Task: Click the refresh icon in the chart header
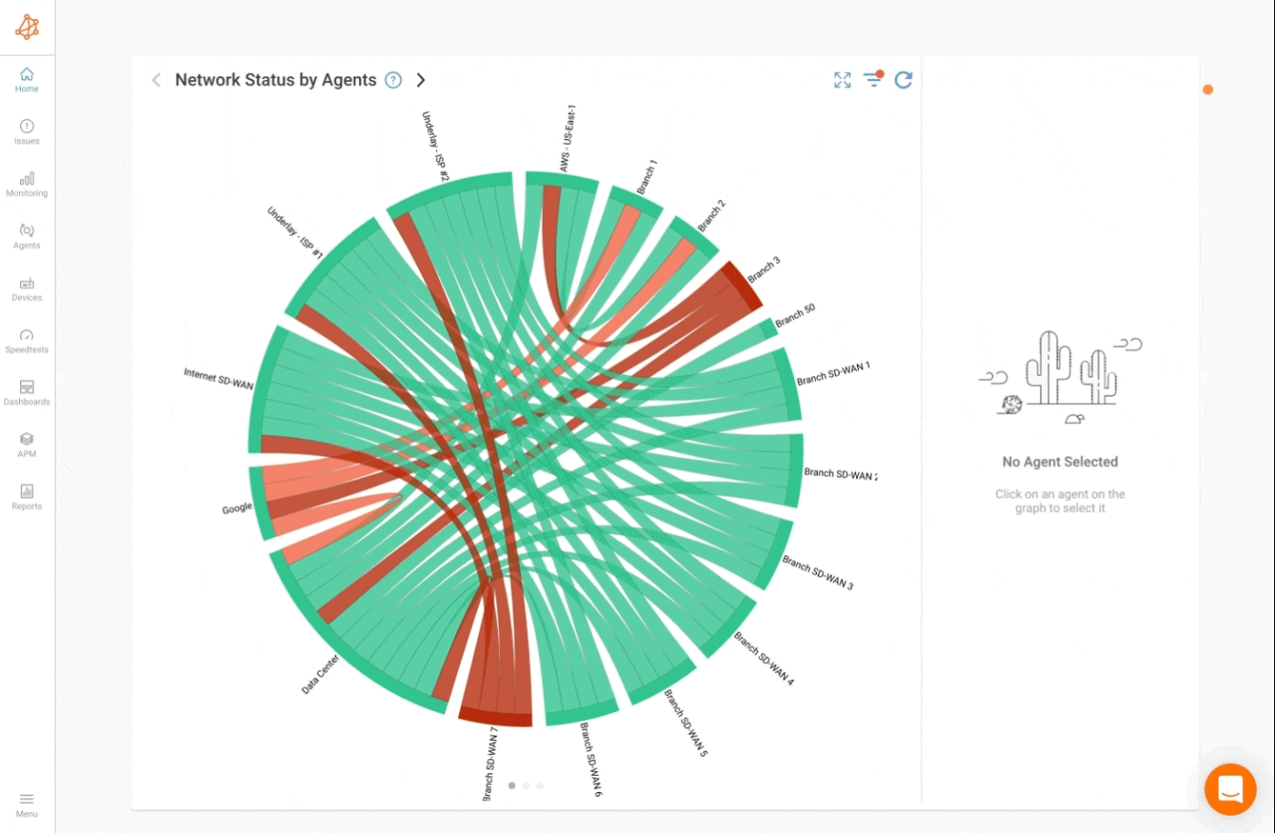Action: pyautogui.click(x=903, y=80)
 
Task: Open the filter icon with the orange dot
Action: pyautogui.click(x=873, y=79)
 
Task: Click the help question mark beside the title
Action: pyautogui.click(x=393, y=80)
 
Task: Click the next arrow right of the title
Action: pyautogui.click(x=421, y=80)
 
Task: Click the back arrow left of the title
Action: pyautogui.click(x=156, y=80)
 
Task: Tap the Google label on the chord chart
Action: pyautogui.click(x=237, y=508)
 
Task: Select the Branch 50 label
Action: pyautogui.click(x=795, y=316)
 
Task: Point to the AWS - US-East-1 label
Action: pyautogui.click(x=566, y=138)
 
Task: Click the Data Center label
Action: pyautogui.click(x=321, y=674)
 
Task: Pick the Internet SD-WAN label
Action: pyautogui.click(x=219, y=379)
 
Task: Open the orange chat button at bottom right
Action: pyautogui.click(x=1230, y=789)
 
